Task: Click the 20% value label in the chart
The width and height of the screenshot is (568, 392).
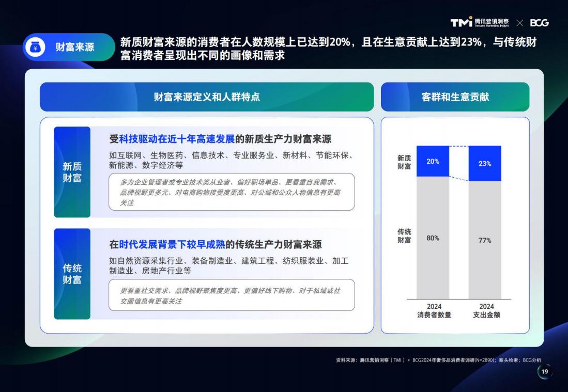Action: [433, 162]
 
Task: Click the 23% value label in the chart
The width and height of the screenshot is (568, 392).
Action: [485, 164]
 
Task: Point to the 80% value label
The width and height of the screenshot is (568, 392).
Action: [433, 238]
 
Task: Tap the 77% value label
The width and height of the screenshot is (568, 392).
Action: [485, 240]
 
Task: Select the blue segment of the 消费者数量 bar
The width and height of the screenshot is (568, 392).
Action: [433, 161]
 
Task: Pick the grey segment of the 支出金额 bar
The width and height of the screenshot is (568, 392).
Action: [485, 240]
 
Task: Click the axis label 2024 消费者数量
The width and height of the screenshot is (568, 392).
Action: [434, 311]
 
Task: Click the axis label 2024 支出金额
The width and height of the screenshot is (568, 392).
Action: [486, 311]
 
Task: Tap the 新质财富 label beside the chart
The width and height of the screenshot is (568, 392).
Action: [404, 162]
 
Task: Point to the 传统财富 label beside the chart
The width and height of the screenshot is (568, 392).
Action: [404, 236]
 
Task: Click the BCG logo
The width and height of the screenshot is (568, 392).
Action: [540, 23]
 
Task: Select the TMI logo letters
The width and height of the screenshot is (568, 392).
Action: [462, 22]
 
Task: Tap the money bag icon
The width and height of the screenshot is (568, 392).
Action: [35, 47]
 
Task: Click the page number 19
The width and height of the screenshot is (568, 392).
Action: [544, 371]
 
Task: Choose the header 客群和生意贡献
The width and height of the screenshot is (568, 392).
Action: [455, 97]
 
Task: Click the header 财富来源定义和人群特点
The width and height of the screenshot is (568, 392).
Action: [207, 97]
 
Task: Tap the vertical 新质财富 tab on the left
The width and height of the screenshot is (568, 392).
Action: [72, 172]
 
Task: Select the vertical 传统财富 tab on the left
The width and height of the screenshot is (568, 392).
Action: [72, 274]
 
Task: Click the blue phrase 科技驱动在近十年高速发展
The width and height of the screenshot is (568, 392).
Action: [177, 139]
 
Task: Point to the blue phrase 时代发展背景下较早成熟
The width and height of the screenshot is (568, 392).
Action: [172, 245]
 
